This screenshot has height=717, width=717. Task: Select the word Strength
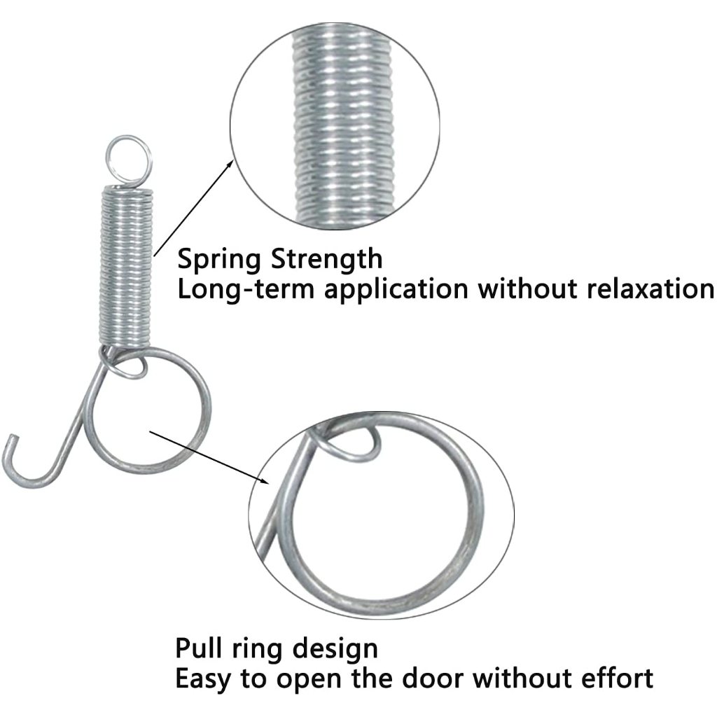327,258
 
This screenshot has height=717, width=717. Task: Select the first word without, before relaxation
533,288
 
